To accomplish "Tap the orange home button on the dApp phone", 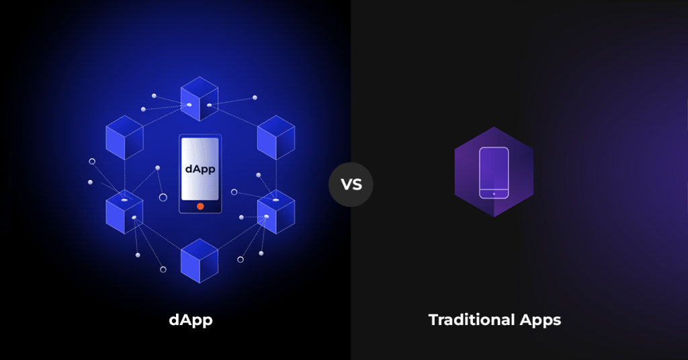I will [200, 206].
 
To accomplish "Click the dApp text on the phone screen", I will [200, 169].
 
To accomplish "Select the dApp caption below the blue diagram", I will [191, 320].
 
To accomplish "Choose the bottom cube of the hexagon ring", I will [200, 260].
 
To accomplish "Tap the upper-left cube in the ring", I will [124, 137].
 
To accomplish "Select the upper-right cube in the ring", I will [276, 137].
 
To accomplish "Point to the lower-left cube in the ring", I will [124, 212].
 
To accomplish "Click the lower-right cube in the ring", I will [276, 212].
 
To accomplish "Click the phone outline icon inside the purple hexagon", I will [494, 173].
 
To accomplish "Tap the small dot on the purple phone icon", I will [494, 193].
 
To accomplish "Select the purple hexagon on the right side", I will [494, 172].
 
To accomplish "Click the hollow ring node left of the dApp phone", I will [163, 197].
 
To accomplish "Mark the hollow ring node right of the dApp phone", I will [234, 192].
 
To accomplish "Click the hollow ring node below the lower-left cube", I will [163, 269].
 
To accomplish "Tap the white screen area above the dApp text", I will [200, 149].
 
